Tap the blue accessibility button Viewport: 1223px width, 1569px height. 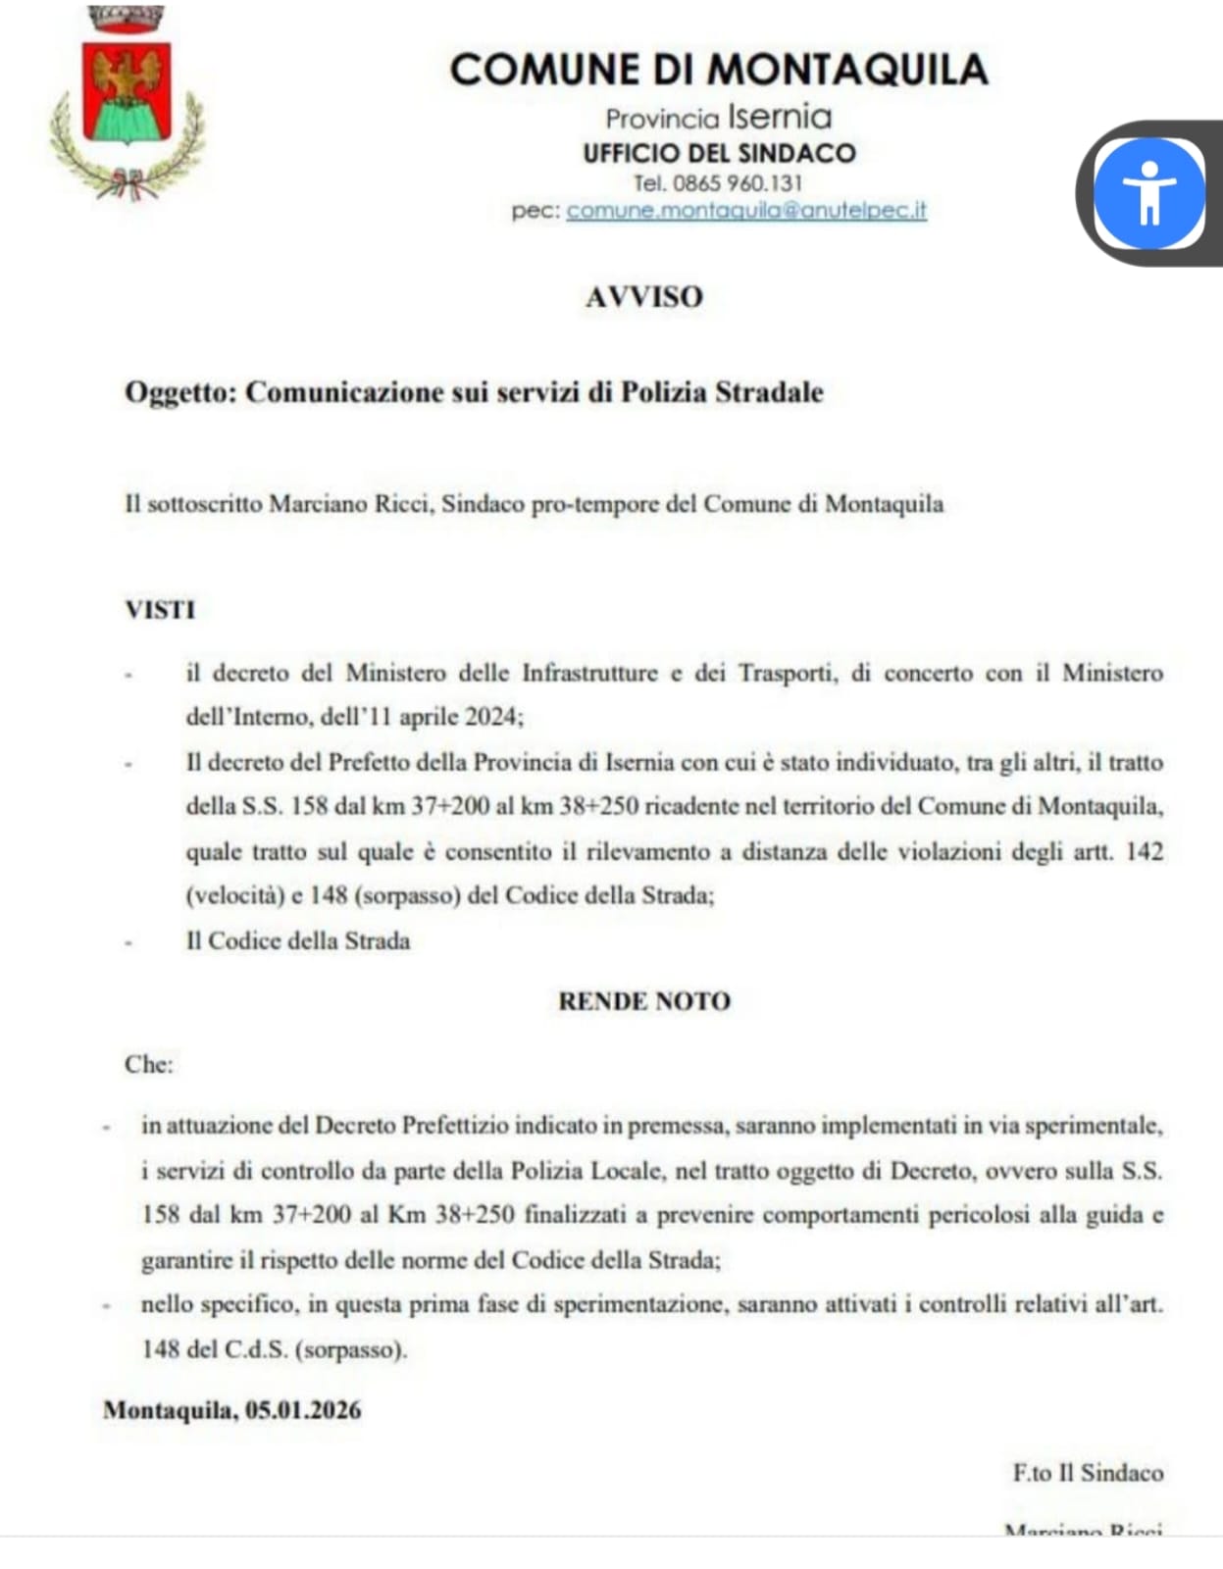click(1148, 192)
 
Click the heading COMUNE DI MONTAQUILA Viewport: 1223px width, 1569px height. click(718, 70)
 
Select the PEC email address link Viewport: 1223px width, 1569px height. click(746, 210)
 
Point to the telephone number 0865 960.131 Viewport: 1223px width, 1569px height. click(737, 182)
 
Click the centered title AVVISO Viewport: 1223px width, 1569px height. click(644, 296)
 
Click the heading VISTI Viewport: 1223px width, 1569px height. click(160, 609)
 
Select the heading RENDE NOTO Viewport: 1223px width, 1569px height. click(644, 1001)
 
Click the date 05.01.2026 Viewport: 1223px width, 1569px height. click(302, 1410)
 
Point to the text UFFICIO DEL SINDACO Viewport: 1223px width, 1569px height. click(719, 153)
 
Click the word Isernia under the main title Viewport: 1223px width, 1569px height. click(780, 118)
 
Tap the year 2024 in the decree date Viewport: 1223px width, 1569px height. click(490, 717)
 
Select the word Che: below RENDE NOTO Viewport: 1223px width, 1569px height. click(148, 1064)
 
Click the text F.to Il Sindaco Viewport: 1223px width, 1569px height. click(1088, 1472)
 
